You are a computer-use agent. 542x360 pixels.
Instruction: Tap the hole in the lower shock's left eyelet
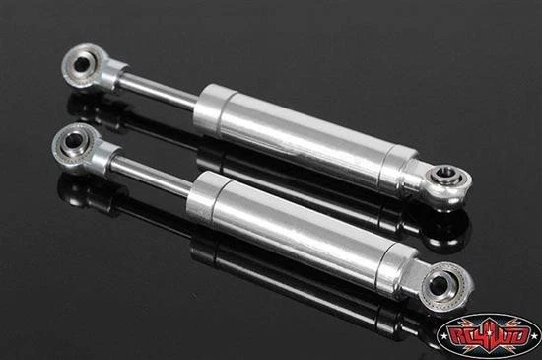[x=71, y=145]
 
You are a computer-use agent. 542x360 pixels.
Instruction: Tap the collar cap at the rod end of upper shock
[x=213, y=102]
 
